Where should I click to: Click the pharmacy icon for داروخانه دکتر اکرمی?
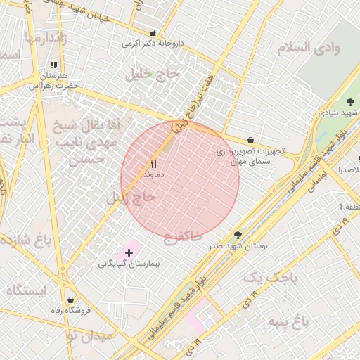pos(153,33)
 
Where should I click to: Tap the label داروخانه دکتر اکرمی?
pos(153,44)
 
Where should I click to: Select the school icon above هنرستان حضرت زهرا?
pos(54,65)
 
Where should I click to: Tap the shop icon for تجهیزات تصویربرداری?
pos(251,141)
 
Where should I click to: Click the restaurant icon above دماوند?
pos(153,163)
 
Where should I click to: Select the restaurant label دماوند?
pos(153,173)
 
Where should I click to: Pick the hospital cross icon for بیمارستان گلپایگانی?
pos(129,252)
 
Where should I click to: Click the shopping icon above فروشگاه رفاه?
pos(69,300)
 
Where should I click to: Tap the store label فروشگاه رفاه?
pos(69,310)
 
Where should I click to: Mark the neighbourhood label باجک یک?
pos(270,279)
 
